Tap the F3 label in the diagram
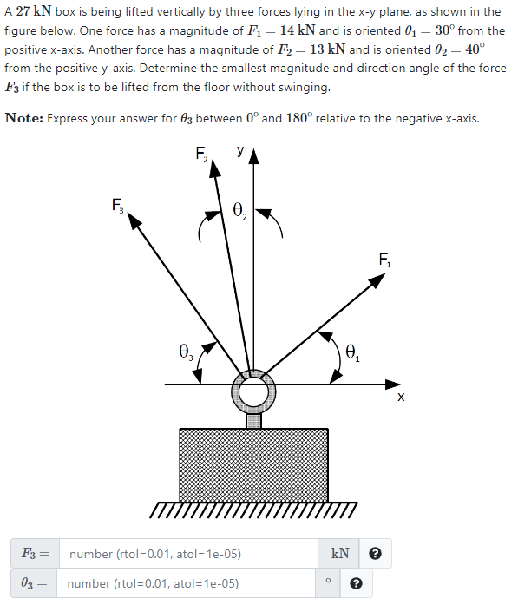pyautogui.click(x=118, y=206)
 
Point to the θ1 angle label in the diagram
pyautogui.click(x=352, y=352)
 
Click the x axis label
pyautogui.click(x=400, y=398)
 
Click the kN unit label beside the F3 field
pyautogui.click(x=340, y=554)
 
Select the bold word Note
pyautogui.click(x=23, y=118)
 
